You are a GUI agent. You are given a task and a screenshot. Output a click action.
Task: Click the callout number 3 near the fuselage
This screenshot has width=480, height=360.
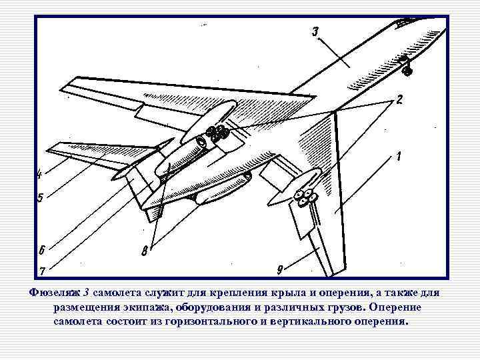315,31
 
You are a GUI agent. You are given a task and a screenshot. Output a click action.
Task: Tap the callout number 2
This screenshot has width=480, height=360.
399,99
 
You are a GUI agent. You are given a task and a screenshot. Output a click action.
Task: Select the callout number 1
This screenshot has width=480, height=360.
398,157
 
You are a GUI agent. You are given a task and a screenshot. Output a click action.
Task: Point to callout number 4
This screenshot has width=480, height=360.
39,175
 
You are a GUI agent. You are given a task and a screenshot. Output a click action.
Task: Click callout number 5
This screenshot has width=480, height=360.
40,198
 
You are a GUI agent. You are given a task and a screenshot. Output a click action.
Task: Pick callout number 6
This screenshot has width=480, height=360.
41,251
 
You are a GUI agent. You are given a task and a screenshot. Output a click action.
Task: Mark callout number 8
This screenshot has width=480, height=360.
144,251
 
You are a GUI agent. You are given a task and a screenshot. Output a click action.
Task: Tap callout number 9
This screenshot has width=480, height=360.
280,269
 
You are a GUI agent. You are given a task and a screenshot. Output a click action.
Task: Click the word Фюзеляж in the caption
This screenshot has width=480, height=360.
57,293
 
